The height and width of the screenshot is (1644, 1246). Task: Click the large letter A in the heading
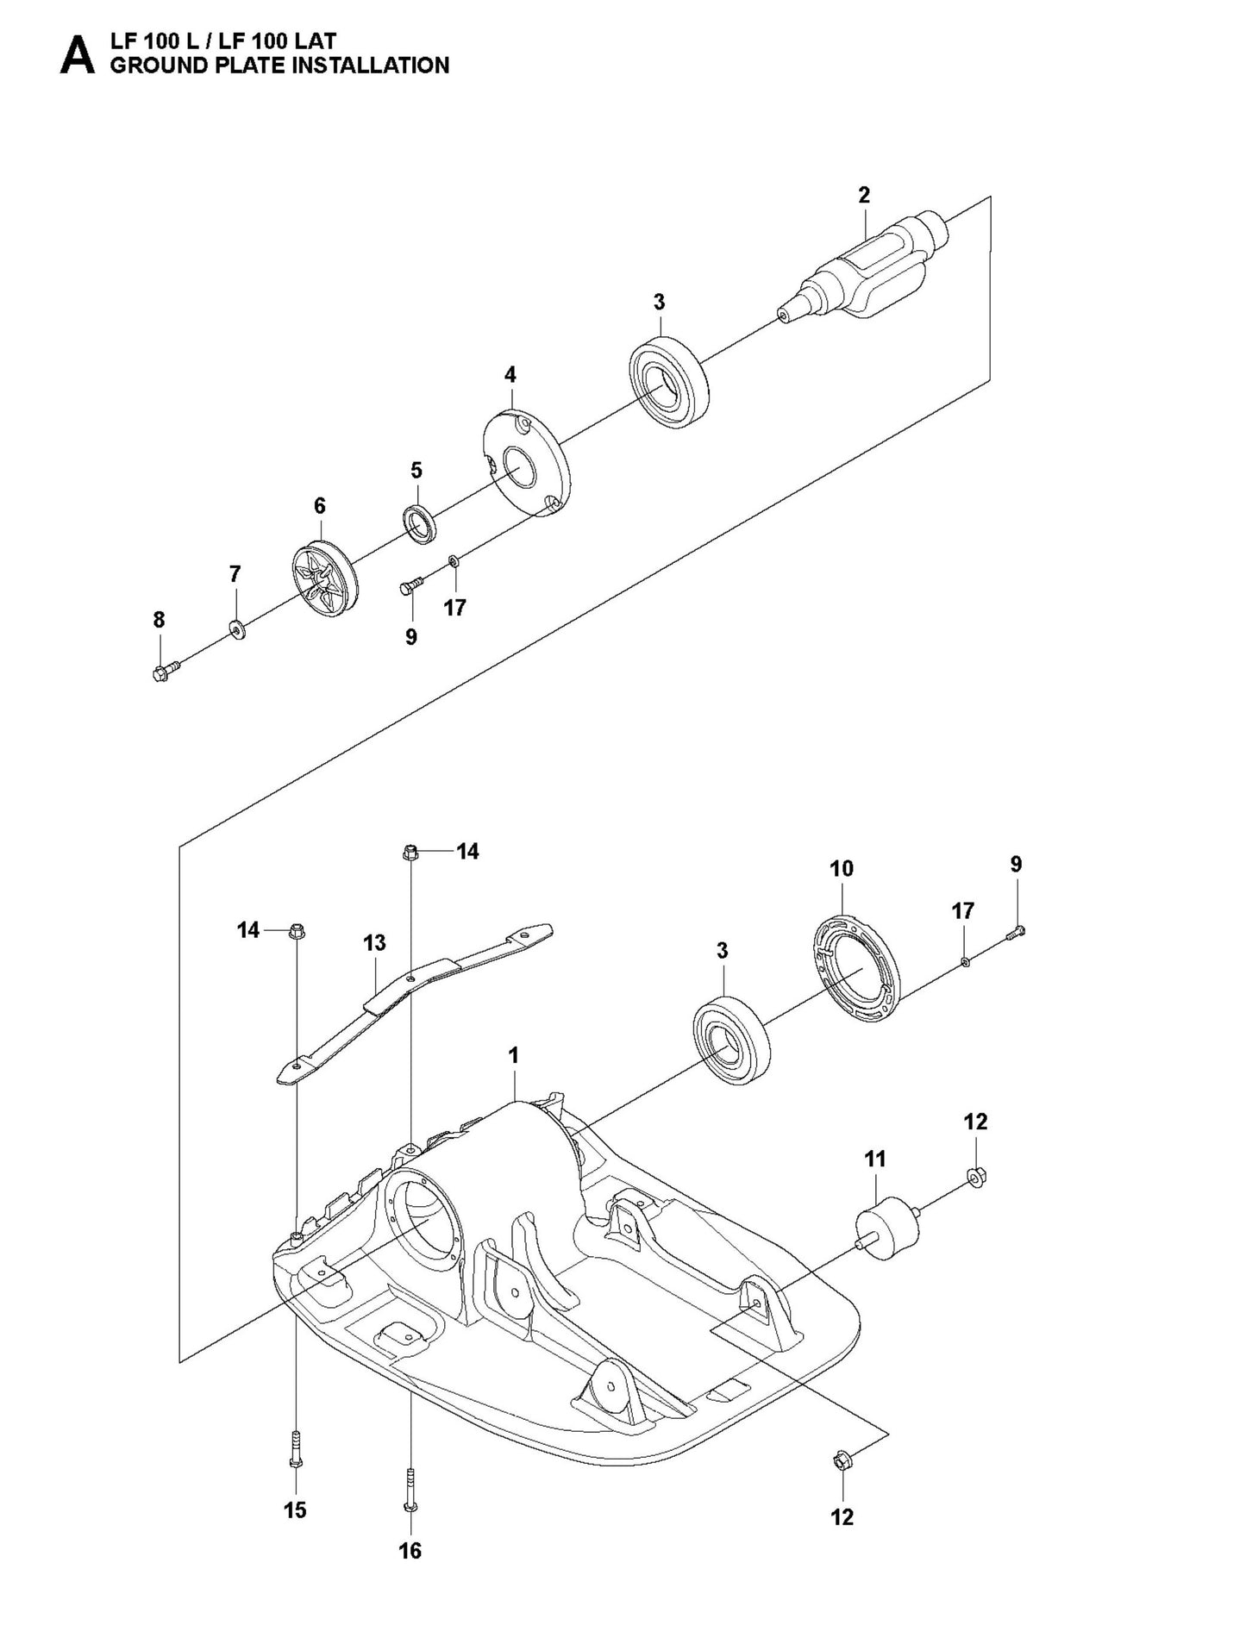[x=77, y=54]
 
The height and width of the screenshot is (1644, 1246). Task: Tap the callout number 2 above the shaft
[x=864, y=195]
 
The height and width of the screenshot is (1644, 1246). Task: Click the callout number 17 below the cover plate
[x=454, y=608]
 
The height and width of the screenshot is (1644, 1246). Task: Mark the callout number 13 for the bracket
[x=374, y=943]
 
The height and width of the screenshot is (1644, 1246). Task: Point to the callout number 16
[x=410, y=1550]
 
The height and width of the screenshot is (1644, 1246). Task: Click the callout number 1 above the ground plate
[x=513, y=1055]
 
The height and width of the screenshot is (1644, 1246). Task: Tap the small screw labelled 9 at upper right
[x=1017, y=930]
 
